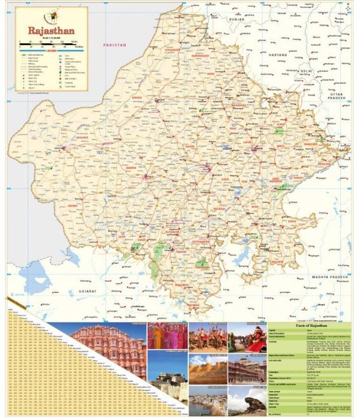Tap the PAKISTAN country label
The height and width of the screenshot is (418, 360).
click(x=115, y=45)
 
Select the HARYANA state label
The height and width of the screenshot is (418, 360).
click(x=277, y=54)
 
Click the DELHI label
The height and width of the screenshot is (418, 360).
click(x=306, y=71)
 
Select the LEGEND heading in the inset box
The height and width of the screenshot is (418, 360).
click(x=51, y=51)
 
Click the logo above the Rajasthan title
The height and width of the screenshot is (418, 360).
click(x=51, y=16)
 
